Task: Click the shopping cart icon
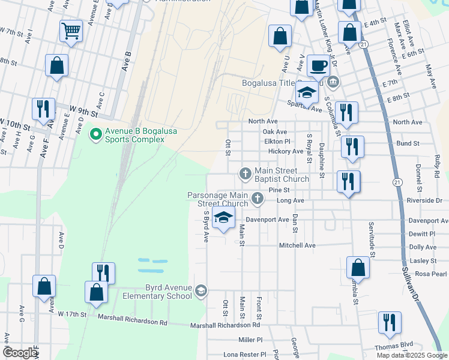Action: click(71, 31)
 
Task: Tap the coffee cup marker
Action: click(318, 65)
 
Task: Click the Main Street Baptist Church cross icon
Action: click(245, 174)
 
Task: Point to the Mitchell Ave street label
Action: click(297, 245)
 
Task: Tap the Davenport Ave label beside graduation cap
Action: click(267, 220)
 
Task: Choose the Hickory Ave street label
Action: click(286, 151)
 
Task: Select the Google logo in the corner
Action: click(20, 353)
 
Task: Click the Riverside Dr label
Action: click(424, 200)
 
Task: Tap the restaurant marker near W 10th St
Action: click(43, 109)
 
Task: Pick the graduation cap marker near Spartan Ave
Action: click(307, 92)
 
